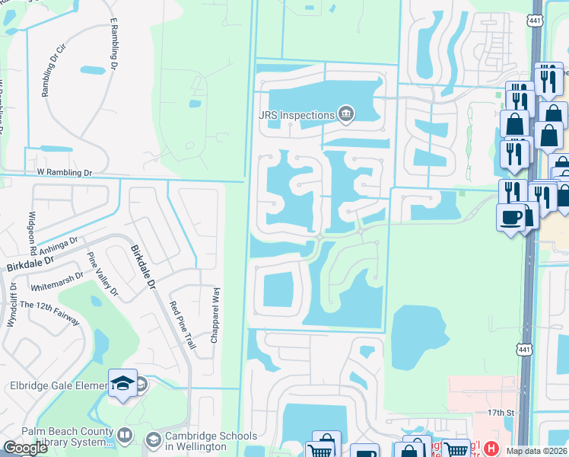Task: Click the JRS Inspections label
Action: [297, 116]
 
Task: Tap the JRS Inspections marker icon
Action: [346, 114]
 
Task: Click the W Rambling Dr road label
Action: [59, 173]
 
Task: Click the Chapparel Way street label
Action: [216, 312]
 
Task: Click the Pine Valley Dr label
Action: [103, 274]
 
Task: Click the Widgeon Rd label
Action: [33, 233]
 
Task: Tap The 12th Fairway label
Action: [50, 313]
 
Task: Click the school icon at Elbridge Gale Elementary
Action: [122, 382]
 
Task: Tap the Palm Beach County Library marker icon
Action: [125, 436]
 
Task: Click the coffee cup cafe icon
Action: [510, 217]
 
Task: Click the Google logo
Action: [26, 447]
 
